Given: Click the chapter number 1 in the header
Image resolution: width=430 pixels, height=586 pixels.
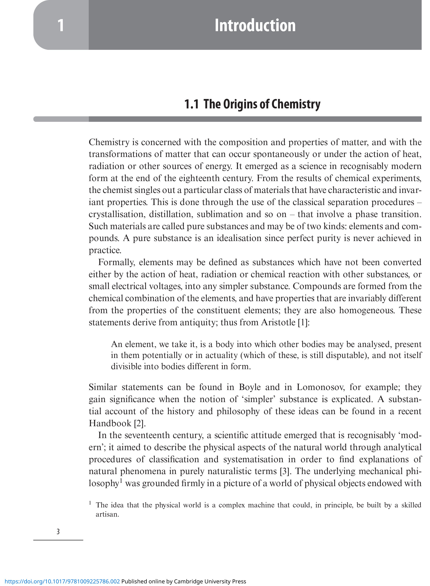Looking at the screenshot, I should [61, 25].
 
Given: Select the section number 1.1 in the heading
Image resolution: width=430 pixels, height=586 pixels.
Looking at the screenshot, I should [191, 104].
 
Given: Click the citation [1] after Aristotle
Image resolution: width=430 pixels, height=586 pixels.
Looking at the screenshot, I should [303, 323].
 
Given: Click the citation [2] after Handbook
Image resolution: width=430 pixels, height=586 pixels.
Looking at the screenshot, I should [139, 423].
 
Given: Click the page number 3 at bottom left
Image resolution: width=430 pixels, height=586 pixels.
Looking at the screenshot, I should [58, 532].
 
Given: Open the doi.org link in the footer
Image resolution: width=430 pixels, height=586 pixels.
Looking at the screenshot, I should [62, 582].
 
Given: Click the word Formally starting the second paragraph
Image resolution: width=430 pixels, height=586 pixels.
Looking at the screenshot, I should [116, 262].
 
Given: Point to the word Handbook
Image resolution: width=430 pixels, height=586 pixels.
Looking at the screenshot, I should [110, 423].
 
